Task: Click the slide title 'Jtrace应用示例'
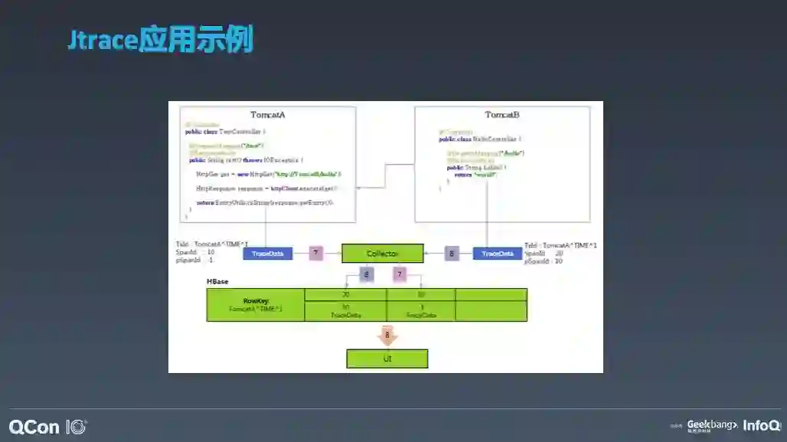(x=160, y=39)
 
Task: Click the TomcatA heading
(x=267, y=114)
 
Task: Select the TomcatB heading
(x=501, y=115)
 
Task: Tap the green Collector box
(x=382, y=254)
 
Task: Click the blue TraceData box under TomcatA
(x=267, y=254)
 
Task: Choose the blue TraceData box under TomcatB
(x=497, y=254)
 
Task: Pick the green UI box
(x=387, y=359)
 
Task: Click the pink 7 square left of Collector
(x=316, y=254)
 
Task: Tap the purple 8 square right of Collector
(x=452, y=254)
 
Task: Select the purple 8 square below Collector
(x=367, y=274)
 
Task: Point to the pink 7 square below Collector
(x=399, y=274)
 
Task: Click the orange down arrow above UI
(x=387, y=336)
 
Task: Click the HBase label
(x=217, y=282)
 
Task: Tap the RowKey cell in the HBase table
(x=256, y=305)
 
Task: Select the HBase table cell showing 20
(x=345, y=294)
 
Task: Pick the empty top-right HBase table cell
(x=491, y=294)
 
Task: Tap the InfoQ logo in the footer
(x=762, y=426)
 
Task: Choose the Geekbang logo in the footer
(x=711, y=425)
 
